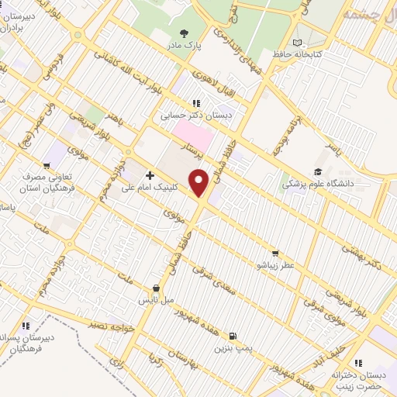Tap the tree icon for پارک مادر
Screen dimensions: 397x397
pyautogui.click(x=184, y=33)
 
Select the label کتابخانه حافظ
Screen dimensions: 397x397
pyautogui.click(x=296, y=55)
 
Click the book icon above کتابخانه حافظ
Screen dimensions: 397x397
pyautogui.click(x=297, y=43)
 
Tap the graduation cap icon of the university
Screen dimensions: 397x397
pyautogui.click(x=317, y=171)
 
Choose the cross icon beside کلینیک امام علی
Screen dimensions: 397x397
pyautogui.click(x=150, y=175)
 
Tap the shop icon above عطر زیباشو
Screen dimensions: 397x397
pyautogui.click(x=276, y=253)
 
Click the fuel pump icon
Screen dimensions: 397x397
pyautogui.click(x=233, y=336)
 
